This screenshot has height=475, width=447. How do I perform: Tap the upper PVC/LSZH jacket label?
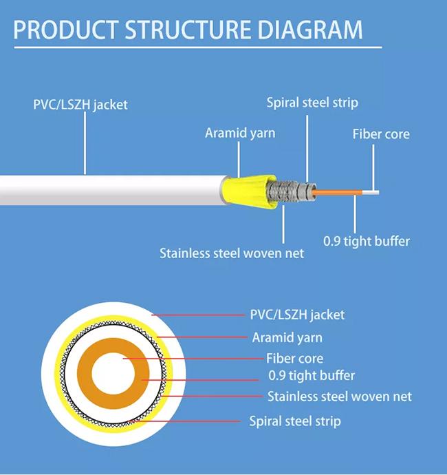80,105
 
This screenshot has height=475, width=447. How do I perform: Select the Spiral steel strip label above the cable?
312,103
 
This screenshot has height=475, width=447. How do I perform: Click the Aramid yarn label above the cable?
240,133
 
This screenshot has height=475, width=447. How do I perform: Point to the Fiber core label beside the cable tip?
380,134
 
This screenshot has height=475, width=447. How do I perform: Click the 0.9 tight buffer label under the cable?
367,241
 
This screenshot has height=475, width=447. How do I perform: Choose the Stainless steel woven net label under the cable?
232,253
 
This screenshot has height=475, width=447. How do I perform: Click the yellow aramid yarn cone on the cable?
244,189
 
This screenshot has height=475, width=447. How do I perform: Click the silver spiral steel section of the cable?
289,191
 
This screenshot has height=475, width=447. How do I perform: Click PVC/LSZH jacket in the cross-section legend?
296,315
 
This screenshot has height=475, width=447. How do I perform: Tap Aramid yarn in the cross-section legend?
287,337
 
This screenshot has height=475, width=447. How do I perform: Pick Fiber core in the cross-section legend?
294,359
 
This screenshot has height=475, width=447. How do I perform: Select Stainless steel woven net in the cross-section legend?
339,397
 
